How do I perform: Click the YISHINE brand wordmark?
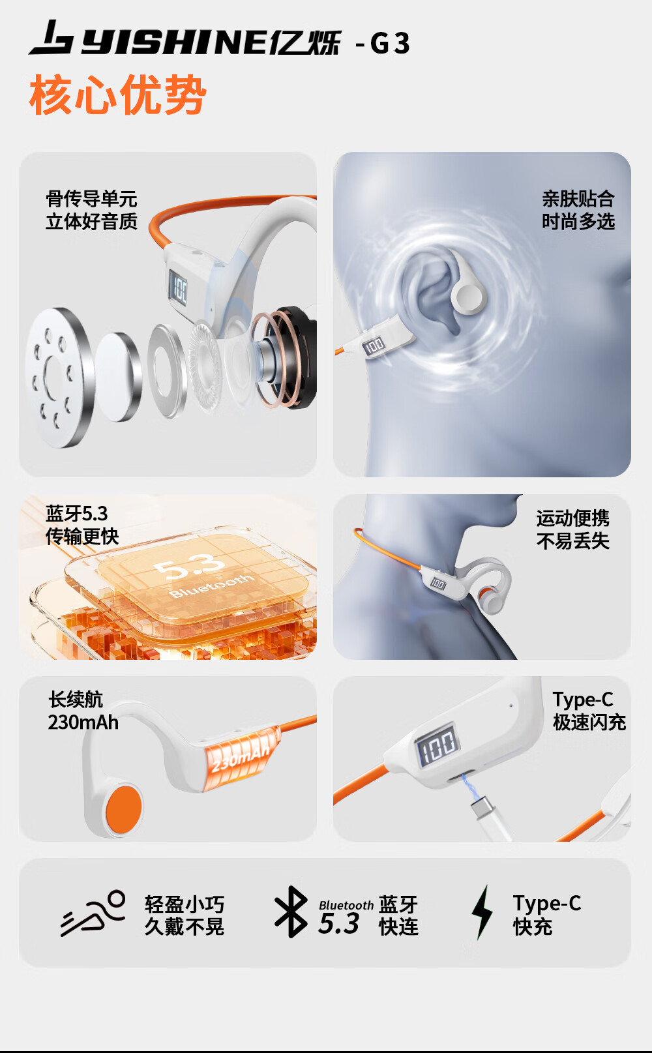coord(175,43)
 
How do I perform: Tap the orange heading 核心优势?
coord(118,95)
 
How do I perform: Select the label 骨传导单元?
coord(92,199)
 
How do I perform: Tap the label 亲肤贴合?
coord(578,199)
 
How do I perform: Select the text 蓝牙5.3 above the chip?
coord(77,514)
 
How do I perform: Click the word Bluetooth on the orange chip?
coord(211,587)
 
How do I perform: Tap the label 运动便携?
coord(573,518)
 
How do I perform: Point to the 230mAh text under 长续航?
coord(83,722)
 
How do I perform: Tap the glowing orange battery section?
coord(240,758)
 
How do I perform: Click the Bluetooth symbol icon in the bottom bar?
coord(291,912)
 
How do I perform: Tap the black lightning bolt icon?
coord(482,912)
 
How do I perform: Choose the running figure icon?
coord(93,913)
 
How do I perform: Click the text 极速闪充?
coord(589,722)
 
